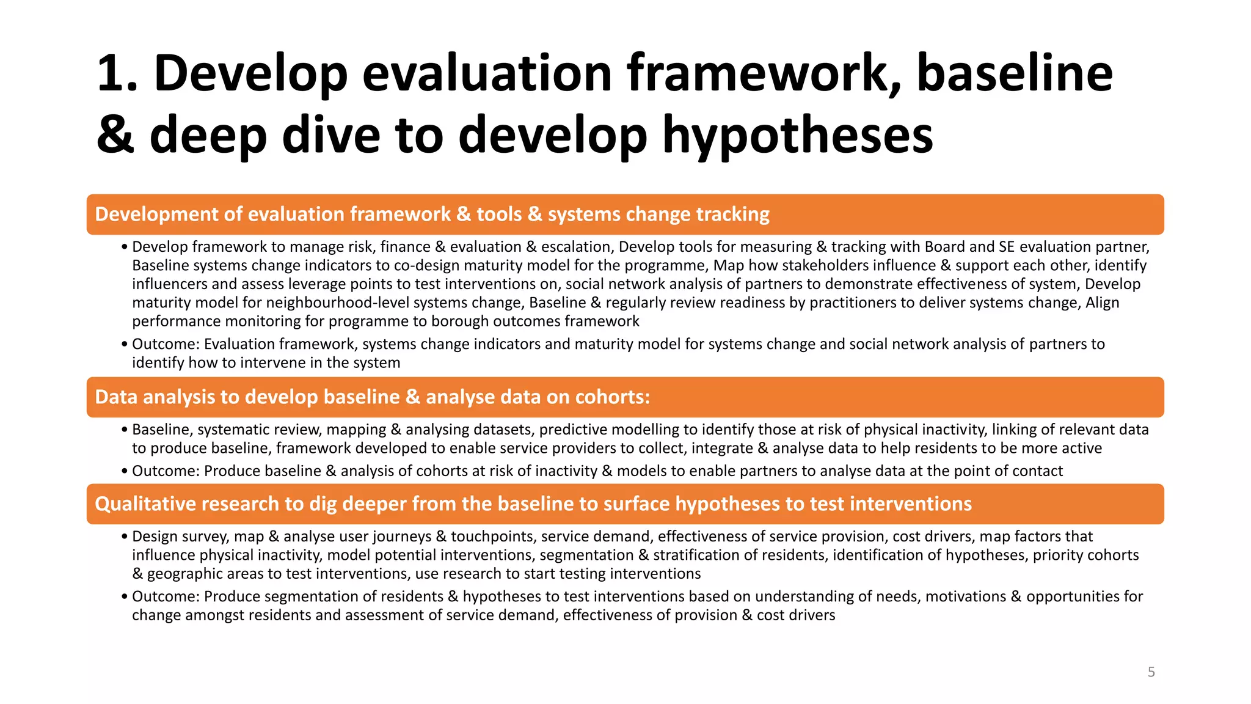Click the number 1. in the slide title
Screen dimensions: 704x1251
point(119,73)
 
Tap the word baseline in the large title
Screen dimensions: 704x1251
point(1015,73)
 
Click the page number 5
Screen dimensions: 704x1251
point(1151,672)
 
